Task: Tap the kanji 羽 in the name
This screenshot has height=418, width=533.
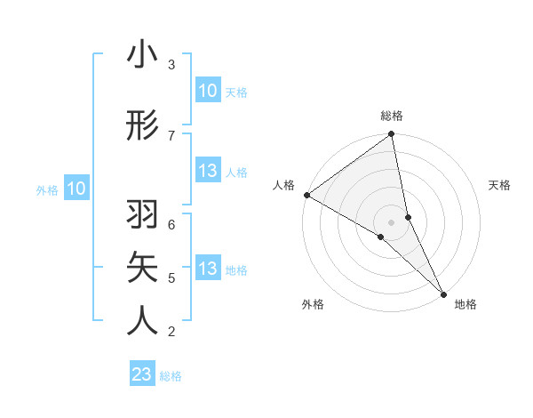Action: (142, 214)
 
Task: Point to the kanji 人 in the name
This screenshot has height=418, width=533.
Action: (142, 319)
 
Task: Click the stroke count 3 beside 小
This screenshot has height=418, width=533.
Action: (171, 65)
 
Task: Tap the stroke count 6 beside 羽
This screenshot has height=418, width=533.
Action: (171, 224)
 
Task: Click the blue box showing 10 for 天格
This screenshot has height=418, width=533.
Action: (207, 91)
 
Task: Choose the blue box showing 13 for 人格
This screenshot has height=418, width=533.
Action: (207, 172)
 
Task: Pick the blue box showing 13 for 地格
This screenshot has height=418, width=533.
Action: (207, 269)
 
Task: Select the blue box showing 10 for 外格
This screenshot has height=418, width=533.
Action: (76, 189)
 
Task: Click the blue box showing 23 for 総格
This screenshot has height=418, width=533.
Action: (142, 374)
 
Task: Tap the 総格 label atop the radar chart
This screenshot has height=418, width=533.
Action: (392, 116)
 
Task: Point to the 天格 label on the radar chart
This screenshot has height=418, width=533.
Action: (500, 185)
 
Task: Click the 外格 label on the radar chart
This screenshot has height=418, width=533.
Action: (313, 304)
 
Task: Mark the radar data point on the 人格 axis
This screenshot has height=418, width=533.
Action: (306, 195)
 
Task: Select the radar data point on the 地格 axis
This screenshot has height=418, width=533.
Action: (443, 293)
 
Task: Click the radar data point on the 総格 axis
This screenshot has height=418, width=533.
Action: (392, 135)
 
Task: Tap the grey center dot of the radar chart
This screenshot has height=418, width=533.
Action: (392, 221)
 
